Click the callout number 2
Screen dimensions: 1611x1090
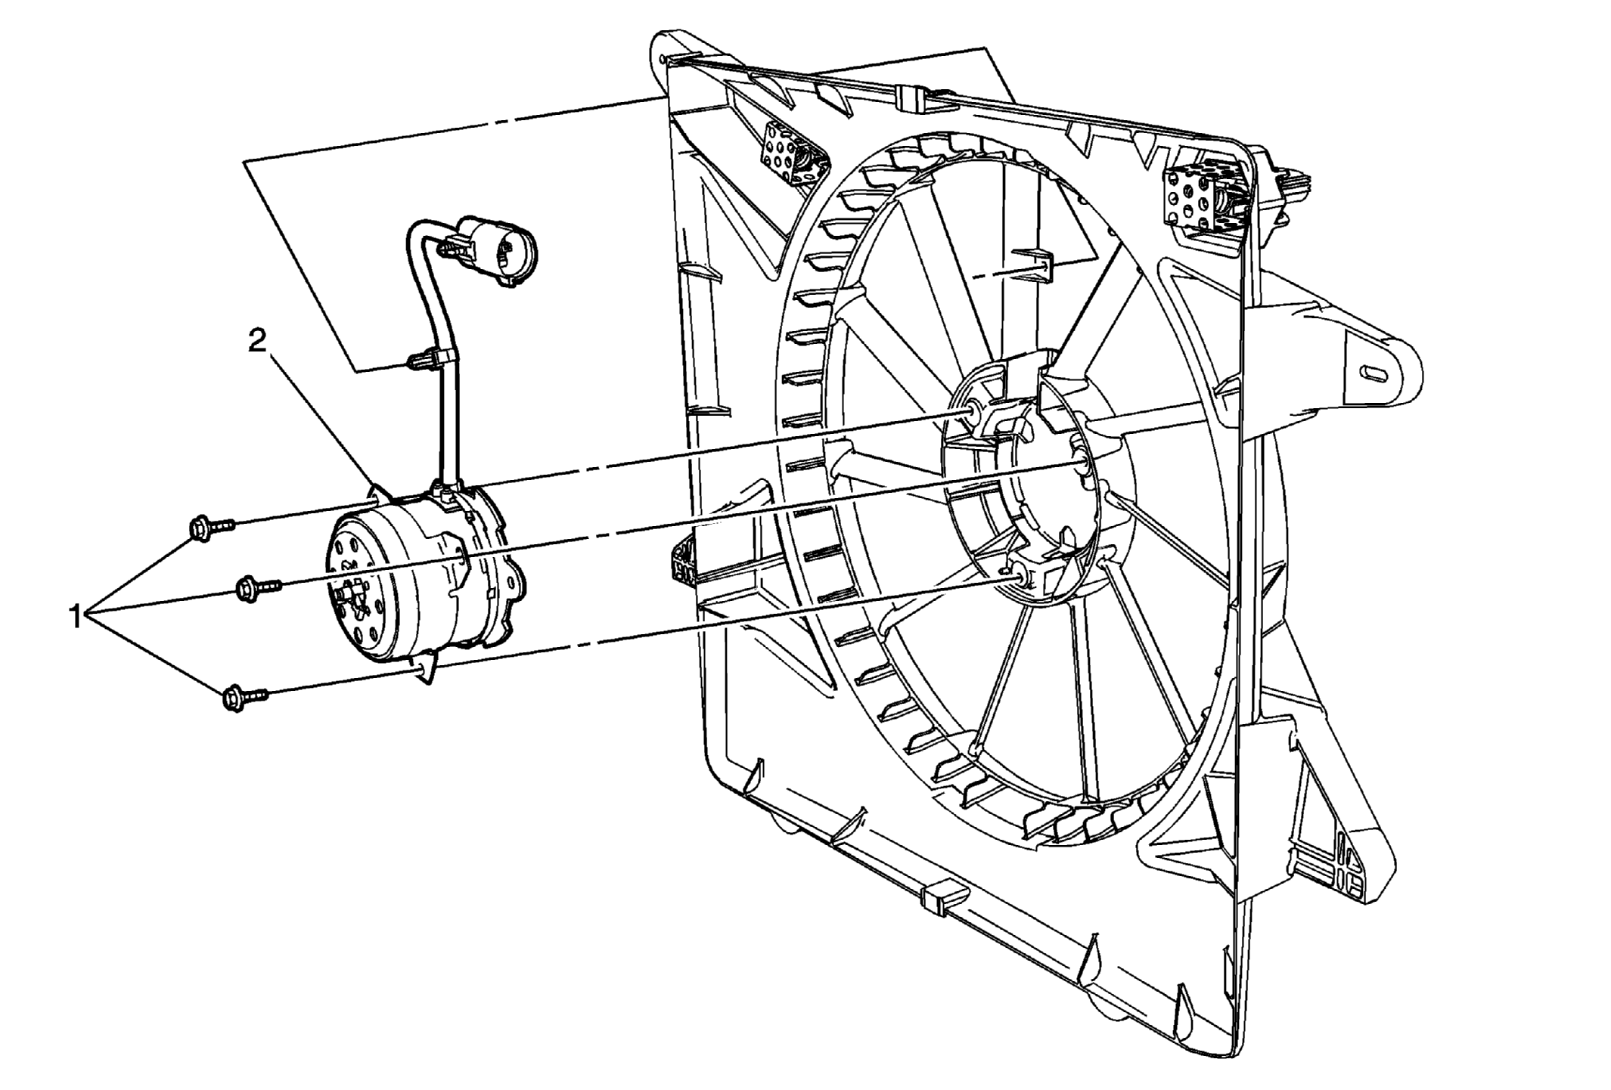click(258, 342)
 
